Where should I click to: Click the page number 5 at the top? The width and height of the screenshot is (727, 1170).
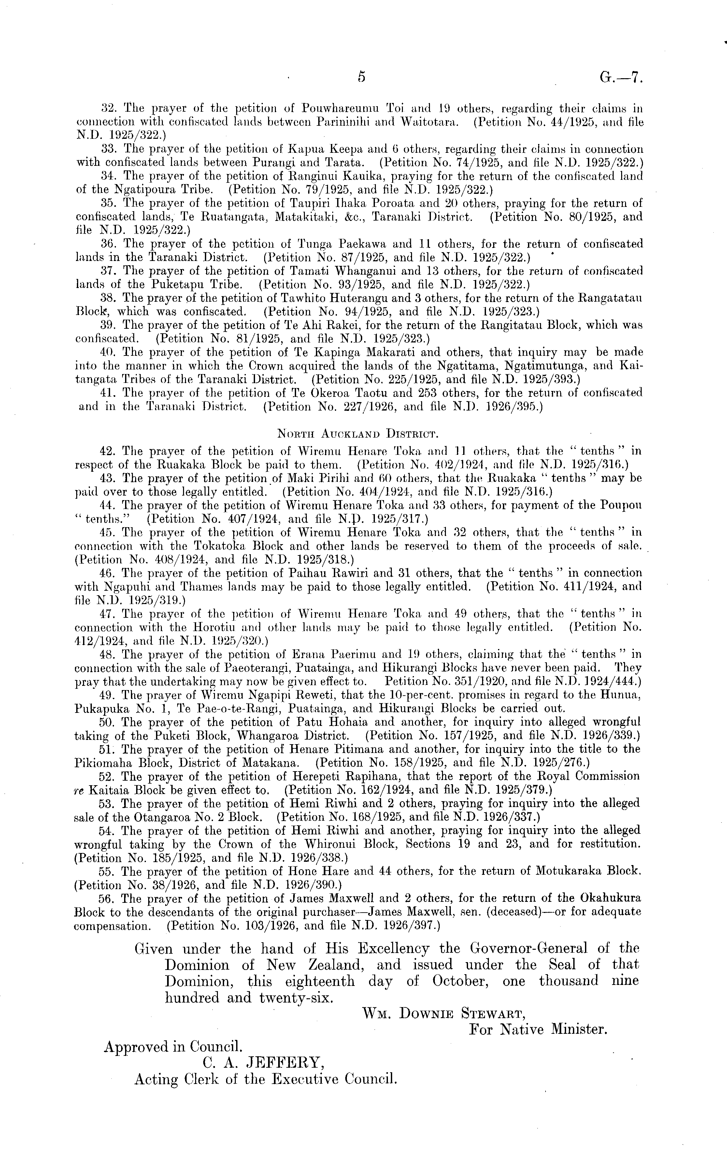[x=361, y=77]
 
